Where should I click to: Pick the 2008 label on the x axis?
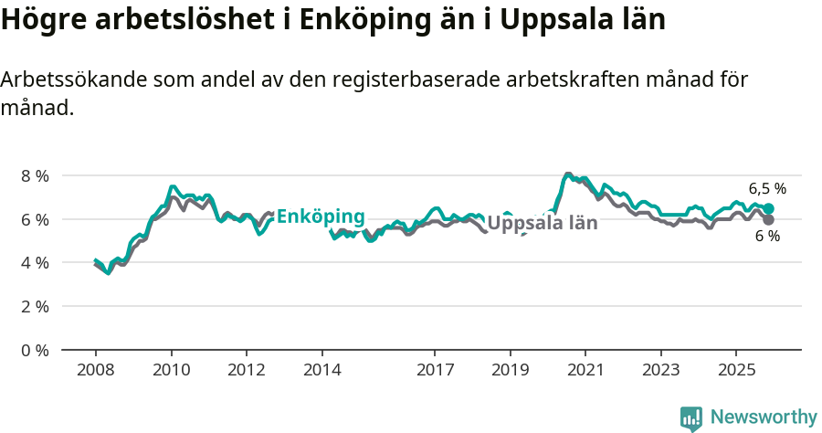pos(95,370)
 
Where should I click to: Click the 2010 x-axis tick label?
pos(171,370)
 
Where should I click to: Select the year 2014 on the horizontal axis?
pos(321,370)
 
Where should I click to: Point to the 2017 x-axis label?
pos(435,370)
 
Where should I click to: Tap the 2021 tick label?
pos(585,370)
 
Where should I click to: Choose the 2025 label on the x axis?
pos(736,370)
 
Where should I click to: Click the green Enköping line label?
pos(321,216)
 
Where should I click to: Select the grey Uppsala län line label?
pos(543,223)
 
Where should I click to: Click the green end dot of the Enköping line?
pos(769,209)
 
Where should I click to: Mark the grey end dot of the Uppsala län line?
pos(769,220)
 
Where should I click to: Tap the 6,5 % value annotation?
pos(767,189)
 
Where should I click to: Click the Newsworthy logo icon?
pos(691,418)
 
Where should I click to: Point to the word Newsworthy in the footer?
pos(764,417)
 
